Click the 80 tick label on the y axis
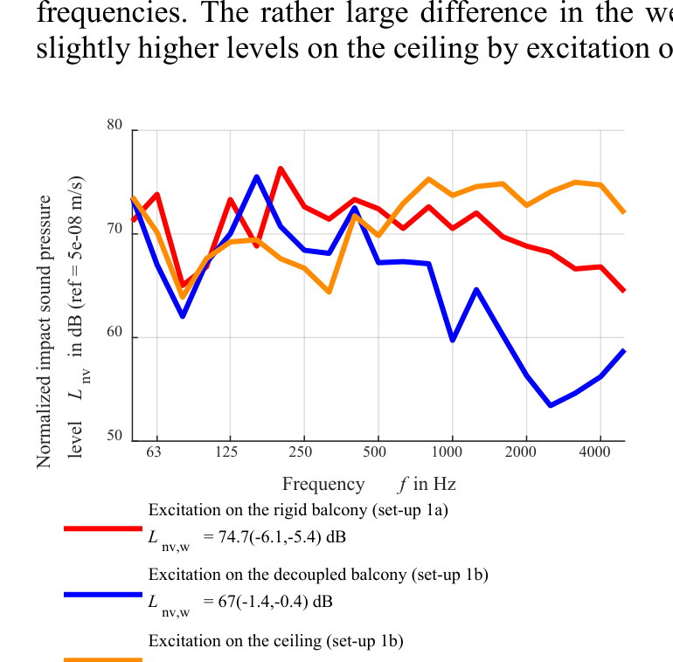point(115,126)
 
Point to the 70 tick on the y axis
point(115,230)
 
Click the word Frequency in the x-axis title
point(323,484)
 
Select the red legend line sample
point(102,528)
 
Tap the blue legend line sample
point(102,594)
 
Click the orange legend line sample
point(102,659)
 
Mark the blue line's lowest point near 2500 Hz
point(551,405)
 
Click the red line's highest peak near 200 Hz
point(281,169)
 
